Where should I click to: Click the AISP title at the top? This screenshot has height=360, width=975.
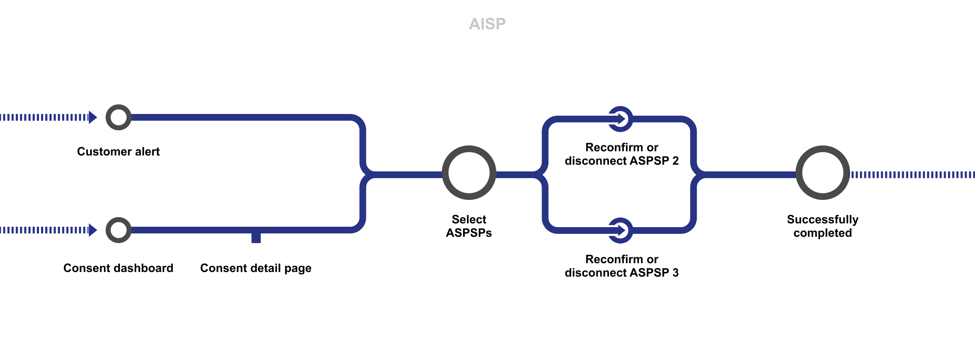click(x=487, y=24)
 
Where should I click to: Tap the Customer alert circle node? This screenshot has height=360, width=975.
click(x=118, y=117)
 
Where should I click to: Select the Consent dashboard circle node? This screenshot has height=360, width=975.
click(x=118, y=230)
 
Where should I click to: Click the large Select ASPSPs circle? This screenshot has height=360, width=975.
click(x=469, y=173)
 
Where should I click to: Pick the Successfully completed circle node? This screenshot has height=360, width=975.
click(x=822, y=173)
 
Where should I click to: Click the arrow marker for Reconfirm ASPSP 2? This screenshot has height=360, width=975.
click(x=620, y=119)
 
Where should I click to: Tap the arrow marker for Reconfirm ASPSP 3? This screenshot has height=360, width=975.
click(x=620, y=230)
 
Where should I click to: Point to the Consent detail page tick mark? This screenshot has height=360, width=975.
click(x=256, y=238)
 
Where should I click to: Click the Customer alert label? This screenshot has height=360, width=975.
click(x=118, y=151)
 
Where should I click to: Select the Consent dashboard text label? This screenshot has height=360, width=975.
click(x=118, y=268)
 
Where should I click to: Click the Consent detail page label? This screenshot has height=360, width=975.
click(x=256, y=268)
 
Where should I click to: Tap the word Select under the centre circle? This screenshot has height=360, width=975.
click(x=469, y=219)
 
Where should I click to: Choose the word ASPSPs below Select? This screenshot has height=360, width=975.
click(x=469, y=233)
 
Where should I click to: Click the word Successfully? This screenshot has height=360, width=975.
click(x=822, y=219)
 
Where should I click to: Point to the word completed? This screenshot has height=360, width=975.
click(x=822, y=233)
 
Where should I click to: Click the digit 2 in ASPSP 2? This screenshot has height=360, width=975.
click(x=675, y=161)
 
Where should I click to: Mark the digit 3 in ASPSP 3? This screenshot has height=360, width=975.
click(x=675, y=272)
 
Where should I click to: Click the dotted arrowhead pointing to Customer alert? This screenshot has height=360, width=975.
click(x=93, y=117)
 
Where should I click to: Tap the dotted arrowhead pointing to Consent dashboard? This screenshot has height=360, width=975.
click(x=93, y=230)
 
